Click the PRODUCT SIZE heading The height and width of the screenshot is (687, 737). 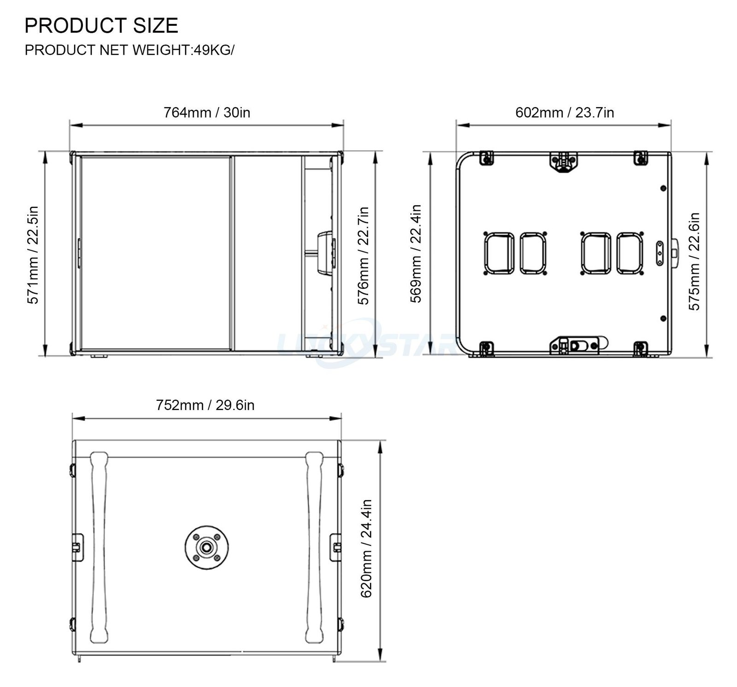point(101,25)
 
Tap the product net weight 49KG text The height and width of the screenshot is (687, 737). point(129,50)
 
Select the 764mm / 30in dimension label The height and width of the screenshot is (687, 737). point(207,112)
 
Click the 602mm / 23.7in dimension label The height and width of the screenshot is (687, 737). point(565,112)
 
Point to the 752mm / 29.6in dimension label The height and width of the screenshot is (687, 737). point(205,405)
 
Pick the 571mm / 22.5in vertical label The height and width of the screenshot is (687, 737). point(33,254)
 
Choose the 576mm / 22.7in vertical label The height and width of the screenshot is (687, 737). point(364,255)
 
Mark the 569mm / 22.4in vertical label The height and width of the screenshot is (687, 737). point(416,254)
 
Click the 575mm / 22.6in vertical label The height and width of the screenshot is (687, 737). point(694,261)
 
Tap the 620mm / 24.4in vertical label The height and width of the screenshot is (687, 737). point(366,548)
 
